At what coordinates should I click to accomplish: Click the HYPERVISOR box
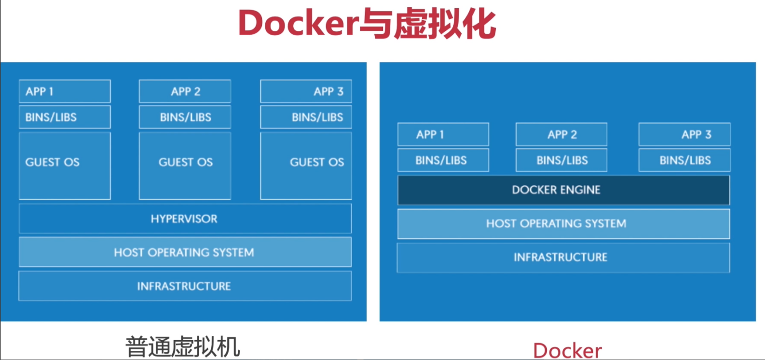click(x=185, y=219)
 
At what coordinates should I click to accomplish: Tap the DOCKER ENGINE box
click(x=563, y=190)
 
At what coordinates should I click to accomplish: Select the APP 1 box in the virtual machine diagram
click(x=65, y=91)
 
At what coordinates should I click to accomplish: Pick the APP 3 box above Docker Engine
click(x=684, y=134)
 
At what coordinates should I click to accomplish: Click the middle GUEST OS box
click(x=185, y=166)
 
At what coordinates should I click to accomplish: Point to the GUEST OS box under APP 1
click(x=65, y=166)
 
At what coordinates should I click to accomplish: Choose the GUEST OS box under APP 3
click(x=306, y=166)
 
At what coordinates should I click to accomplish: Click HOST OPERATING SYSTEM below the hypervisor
click(x=185, y=252)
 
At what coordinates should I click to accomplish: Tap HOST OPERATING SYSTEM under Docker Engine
click(x=563, y=223)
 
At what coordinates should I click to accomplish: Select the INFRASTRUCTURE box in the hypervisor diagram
click(x=185, y=286)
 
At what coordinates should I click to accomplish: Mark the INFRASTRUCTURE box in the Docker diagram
click(x=563, y=257)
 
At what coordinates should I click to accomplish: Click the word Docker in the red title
click(x=299, y=23)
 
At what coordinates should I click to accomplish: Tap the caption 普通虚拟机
click(x=183, y=346)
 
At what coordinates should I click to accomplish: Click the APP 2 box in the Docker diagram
click(x=561, y=134)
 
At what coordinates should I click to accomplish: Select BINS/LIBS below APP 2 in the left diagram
click(x=185, y=117)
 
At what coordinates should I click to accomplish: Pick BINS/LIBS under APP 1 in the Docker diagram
click(x=443, y=160)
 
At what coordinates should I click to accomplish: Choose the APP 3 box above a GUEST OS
click(x=306, y=91)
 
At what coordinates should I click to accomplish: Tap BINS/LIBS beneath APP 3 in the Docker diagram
click(x=684, y=160)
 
